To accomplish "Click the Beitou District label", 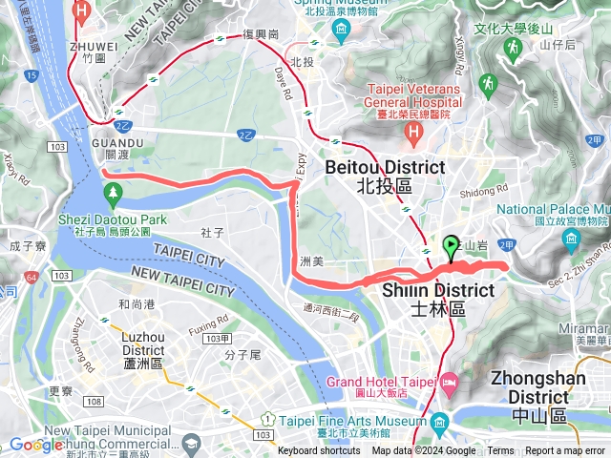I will click(385, 176).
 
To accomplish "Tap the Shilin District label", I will click(438, 299).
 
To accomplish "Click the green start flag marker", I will click(451, 248).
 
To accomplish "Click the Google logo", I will click(35, 445).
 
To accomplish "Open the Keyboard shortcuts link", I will click(319, 451).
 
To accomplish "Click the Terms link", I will click(500, 451).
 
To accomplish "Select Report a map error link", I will click(565, 451).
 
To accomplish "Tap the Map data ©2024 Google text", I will click(424, 451).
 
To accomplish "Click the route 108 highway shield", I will click(93, 401).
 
